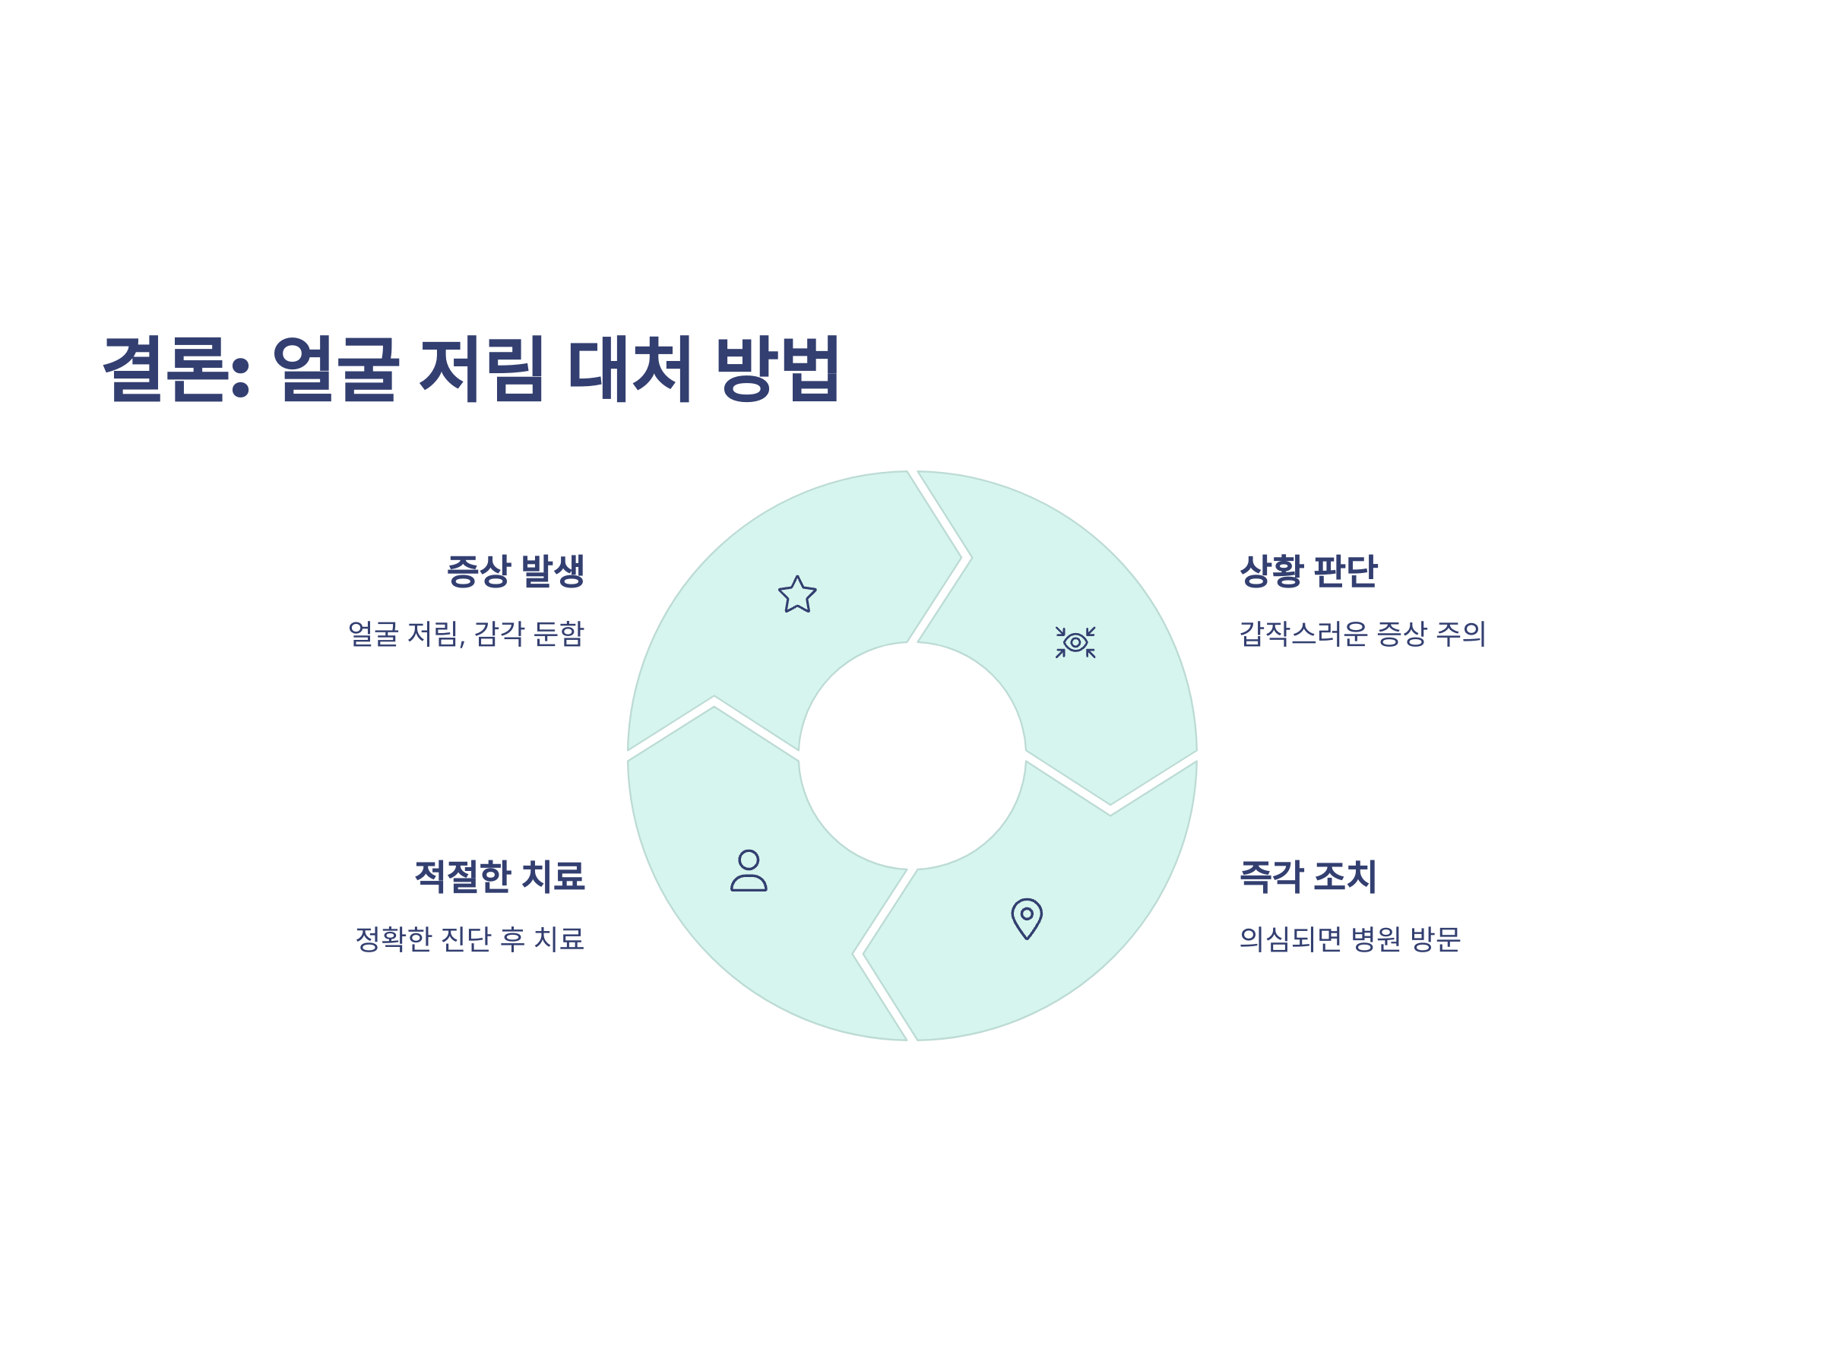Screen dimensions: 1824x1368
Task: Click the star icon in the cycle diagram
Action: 797,594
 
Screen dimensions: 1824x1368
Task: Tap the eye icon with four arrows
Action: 1075,642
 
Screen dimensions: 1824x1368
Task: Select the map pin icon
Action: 1027,918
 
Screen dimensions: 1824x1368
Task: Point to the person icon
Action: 749,871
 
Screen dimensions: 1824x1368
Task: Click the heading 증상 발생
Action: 515,571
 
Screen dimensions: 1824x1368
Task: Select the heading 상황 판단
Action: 1308,571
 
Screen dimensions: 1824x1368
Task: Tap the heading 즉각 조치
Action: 1308,876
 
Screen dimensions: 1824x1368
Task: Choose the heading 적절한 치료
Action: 500,876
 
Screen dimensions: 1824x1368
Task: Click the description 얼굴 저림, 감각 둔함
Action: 466,633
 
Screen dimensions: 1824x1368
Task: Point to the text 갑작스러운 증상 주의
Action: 1362,633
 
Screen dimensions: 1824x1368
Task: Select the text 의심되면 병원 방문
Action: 1350,939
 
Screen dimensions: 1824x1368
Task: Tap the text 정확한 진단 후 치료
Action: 469,939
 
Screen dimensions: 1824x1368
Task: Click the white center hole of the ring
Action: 912,755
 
